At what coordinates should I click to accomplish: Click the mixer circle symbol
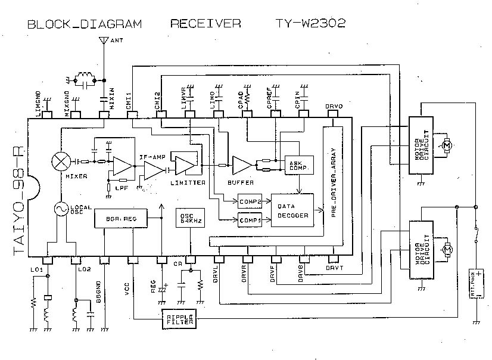point(61,161)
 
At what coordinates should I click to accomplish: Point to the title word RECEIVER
point(205,24)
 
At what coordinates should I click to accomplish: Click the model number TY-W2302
point(311,24)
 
